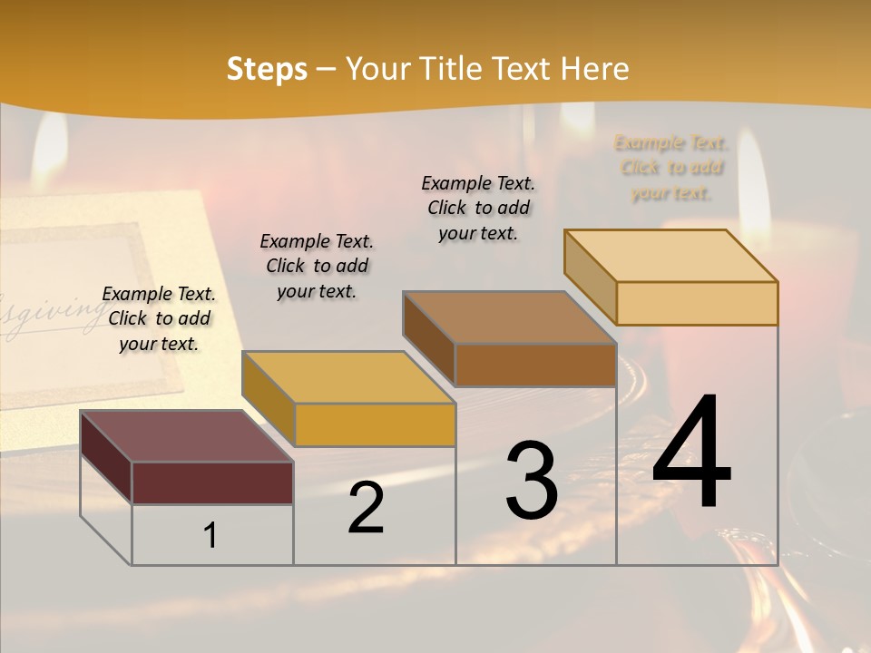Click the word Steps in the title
coord(267,69)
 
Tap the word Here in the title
coord(594,69)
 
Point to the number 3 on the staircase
coord(532,481)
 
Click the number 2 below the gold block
coord(366,508)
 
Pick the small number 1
coord(210,535)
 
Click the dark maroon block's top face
coord(186,436)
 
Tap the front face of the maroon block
coord(212,482)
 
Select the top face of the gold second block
coord(347,377)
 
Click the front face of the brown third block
coord(535,365)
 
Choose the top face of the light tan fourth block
coord(670,256)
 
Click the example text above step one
coord(159,318)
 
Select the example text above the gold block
coord(317,266)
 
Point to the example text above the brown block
coord(478,208)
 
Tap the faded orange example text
coord(671,167)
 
